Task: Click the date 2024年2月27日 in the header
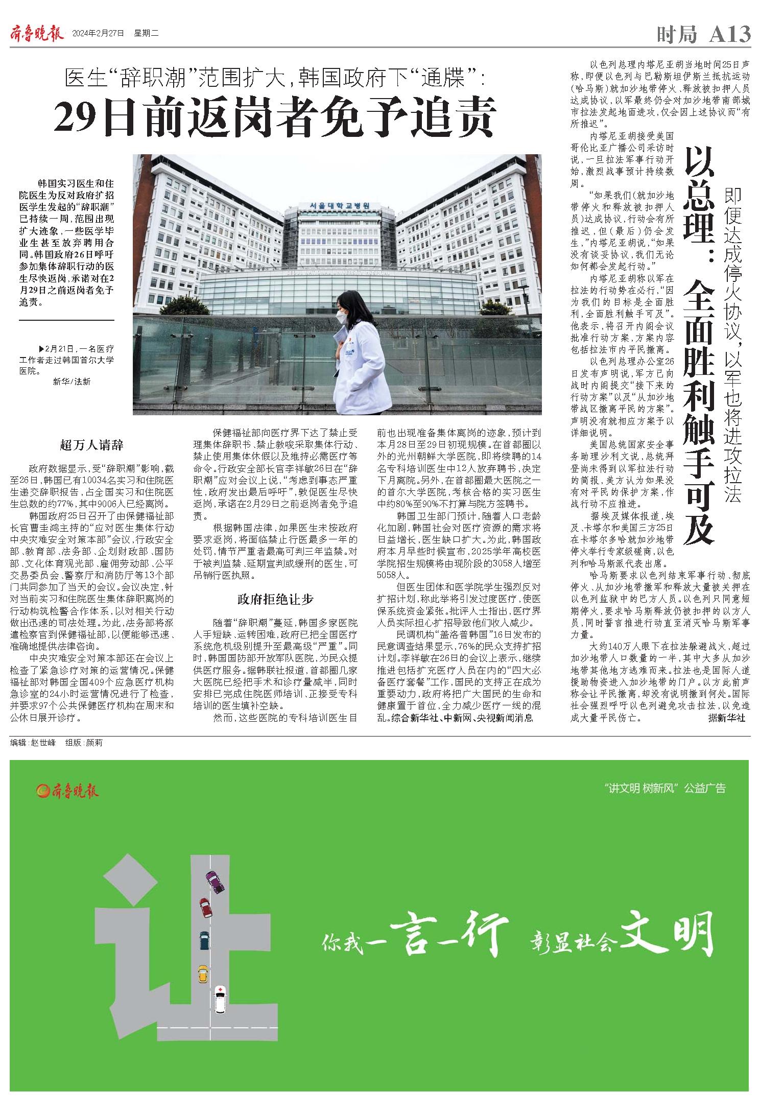point(99,34)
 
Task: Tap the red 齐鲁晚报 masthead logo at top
point(37,34)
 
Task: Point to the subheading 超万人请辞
point(92,445)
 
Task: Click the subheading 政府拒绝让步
point(275,600)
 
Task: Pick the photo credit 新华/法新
point(72,382)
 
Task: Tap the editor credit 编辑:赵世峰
point(33,743)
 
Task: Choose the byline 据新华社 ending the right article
point(726,718)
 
